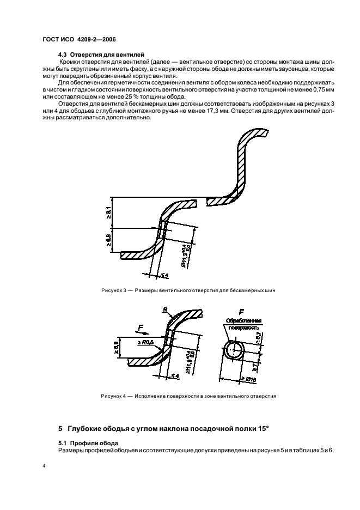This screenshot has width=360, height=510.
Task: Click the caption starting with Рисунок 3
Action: pos(188,290)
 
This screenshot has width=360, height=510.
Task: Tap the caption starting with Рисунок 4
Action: pos(188,396)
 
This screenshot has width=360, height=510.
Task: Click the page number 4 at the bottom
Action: pos(44,467)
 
